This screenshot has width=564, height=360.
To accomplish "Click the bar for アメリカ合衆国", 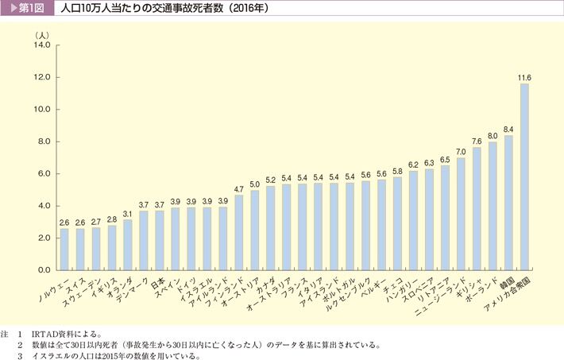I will pyautogui.click(x=524, y=176).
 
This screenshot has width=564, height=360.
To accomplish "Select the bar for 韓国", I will pyautogui.click(x=508, y=203).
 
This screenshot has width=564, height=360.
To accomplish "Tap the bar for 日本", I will pyautogui.click(x=159, y=240).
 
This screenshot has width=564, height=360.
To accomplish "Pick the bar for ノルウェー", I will pyautogui.click(x=64, y=249).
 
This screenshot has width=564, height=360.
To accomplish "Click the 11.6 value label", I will pyautogui.click(x=524, y=77).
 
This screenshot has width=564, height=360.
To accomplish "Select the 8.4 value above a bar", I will pyautogui.click(x=508, y=129).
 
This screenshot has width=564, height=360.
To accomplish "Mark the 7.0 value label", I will pyautogui.click(x=461, y=151).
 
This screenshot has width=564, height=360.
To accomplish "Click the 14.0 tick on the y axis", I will pyautogui.click(x=42, y=45).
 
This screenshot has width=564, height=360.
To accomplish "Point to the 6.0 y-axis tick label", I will pyautogui.click(x=44, y=174).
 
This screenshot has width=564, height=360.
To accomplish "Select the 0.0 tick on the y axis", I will pyautogui.click(x=44, y=270).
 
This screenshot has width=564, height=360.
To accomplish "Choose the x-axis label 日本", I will pyautogui.click(x=158, y=281).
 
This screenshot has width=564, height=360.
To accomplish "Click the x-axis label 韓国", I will pyautogui.click(x=505, y=281).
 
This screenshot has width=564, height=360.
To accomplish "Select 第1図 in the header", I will pyautogui.click(x=32, y=10).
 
